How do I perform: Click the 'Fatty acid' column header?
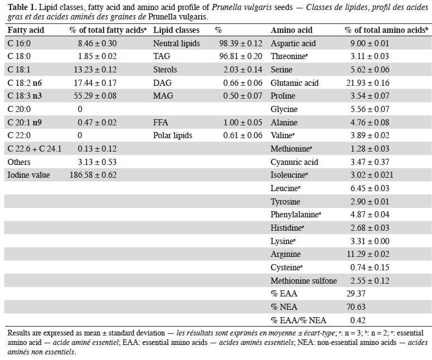tap(26, 30)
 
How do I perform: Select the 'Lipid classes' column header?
tap(176, 30)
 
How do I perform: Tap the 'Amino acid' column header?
tap(292, 30)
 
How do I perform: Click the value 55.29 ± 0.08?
tap(95, 96)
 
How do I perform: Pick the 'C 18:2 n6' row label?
tap(25, 83)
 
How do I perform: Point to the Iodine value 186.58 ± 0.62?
tap(93, 175)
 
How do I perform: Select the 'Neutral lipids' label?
tap(176, 43)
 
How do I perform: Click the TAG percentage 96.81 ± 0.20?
tap(241, 56)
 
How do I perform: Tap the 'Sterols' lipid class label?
tap(165, 70)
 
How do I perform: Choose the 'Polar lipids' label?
tap(172, 135)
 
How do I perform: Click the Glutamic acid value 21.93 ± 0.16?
tap(368, 83)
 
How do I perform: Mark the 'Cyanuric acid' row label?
tap(294, 162)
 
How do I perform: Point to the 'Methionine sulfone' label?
tap(304, 281)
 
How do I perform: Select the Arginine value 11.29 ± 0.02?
tap(368, 254)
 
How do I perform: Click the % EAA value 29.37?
tap(356, 294)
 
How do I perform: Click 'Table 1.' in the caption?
tap(22, 7)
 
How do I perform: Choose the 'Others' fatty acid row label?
tap(19, 162)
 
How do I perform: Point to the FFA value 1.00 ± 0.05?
tap(242, 123)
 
